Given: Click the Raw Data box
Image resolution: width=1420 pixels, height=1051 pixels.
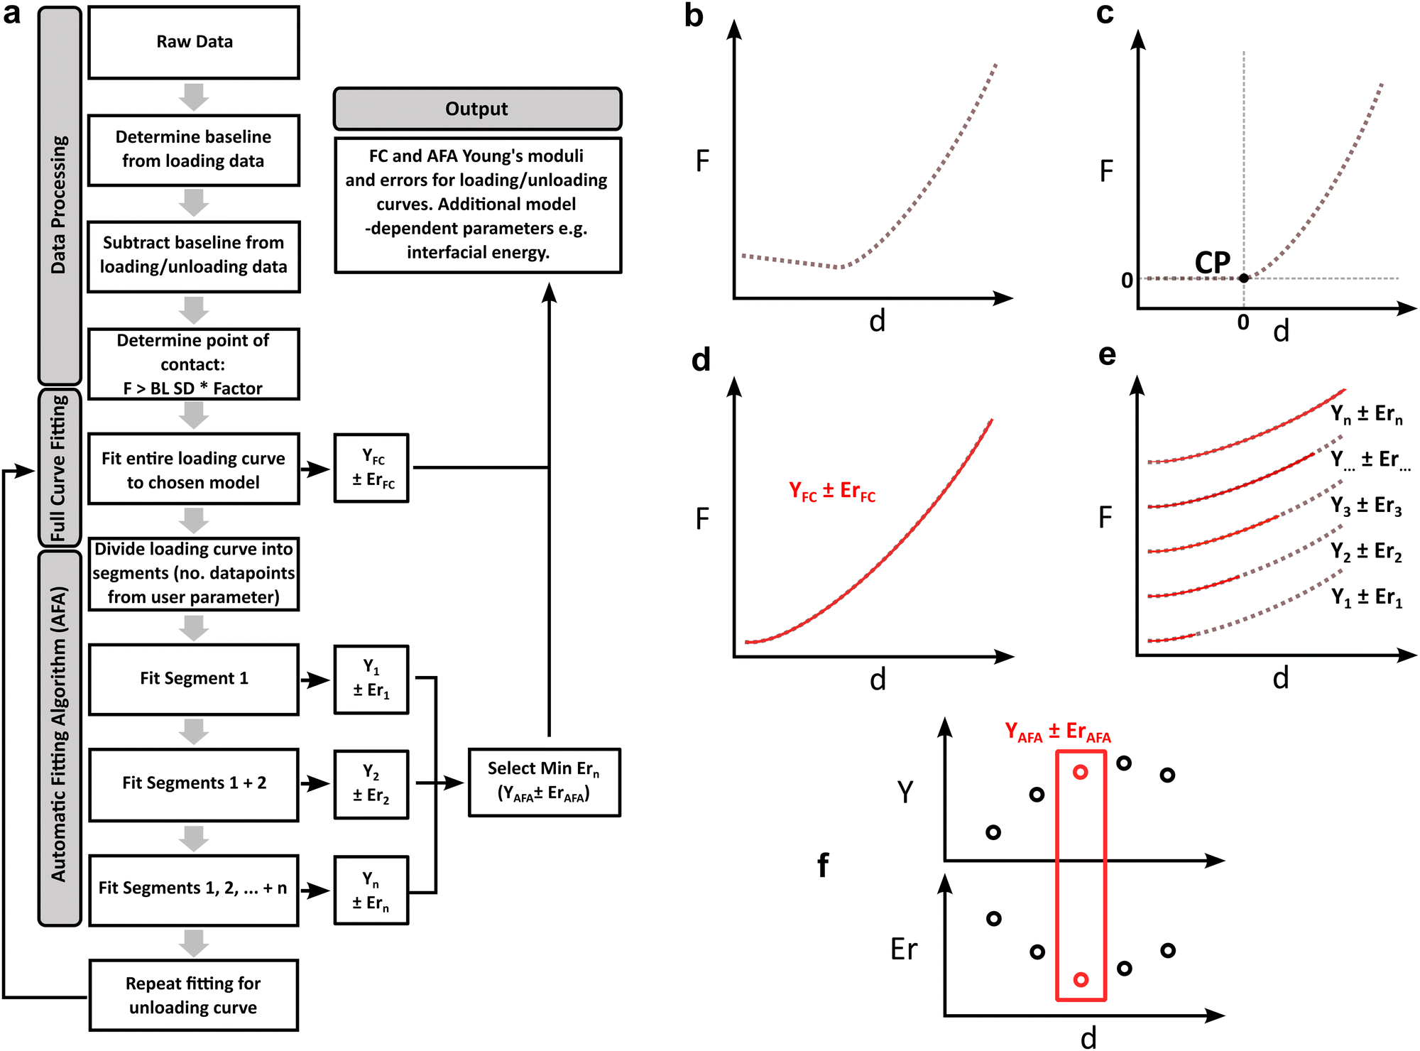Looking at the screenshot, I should pyautogui.click(x=194, y=43).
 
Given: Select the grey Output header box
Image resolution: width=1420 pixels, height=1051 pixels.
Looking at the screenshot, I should pyautogui.click(x=477, y=109).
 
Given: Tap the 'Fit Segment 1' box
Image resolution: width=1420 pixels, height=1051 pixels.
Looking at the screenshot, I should pyautogui.click(x=194, y=679).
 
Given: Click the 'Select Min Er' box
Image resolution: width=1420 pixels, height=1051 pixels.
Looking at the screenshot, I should pyautogui.click(x=544, y=782).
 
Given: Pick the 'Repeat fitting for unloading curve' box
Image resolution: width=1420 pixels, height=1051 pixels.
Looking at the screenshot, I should pyautogui.click(x=194, y=995).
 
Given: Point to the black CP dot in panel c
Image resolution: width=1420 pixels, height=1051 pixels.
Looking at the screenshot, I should pyautogui.click(x=1244, y=278).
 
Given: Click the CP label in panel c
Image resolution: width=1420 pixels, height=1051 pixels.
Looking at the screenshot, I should pyautogui.click(x=1213, y=263).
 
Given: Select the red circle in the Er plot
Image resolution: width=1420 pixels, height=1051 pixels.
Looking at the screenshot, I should pyautogui.click(x=1081, y=980).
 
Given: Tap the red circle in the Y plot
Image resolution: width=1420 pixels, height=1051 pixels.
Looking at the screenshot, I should pyautogui.click(x=1081, y=772).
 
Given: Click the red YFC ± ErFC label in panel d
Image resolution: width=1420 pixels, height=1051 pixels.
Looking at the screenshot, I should pyautogui.click(x=832, y=491).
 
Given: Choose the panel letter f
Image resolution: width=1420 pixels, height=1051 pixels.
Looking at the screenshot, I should pyautogui.click(x=823, y=865).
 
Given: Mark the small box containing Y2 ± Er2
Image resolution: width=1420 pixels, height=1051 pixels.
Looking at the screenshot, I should pyautogui.click(x=371, y=784).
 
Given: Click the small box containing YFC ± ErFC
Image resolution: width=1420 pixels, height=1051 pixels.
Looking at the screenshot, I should pyautogui.click(x=371, y=468).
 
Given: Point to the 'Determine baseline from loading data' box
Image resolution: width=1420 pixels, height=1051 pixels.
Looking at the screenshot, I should pyautogui.click(x=194, y=150).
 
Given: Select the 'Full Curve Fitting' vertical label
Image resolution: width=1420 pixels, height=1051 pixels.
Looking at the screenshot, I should pyautogui.click(x=59, y=468).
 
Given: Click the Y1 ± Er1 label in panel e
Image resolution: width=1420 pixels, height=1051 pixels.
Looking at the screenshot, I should pyautogui.click(x=1367, y=597).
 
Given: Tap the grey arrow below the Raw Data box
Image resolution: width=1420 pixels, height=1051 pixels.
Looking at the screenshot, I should pyautogui.click(x=194, y=97).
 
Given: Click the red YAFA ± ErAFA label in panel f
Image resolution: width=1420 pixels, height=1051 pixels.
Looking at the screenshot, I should pyautogui.click(x=1058, y=732).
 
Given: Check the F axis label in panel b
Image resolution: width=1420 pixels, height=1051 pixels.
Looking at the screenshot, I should pyautogui.click(x=702, y=161).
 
